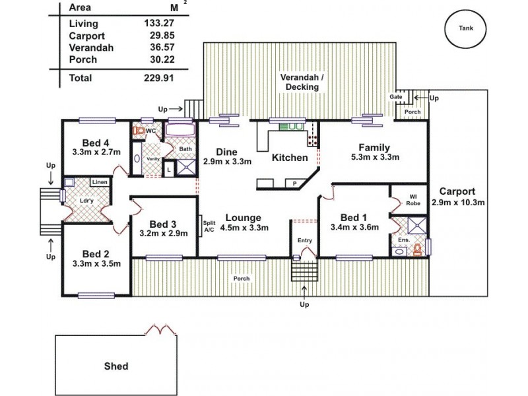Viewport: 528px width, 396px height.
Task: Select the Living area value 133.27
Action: click(x=158, y=24)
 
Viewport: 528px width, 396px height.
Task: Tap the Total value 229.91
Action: click(x=158, y=78)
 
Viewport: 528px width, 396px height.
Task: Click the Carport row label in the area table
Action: click(x=84, y=36)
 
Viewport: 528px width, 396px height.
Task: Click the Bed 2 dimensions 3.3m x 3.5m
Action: click(x=96, y=263)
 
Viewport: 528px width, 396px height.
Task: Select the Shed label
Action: click(x=116, y=366)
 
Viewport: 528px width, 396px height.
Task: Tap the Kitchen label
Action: click(x=290, y=158)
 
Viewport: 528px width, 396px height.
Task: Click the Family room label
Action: click(x=374, y=147)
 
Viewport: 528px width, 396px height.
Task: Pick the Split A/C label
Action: click(x=209, y=226)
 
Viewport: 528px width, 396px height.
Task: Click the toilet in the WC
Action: click(x=139, y=131)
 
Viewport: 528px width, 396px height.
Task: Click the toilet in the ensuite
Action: click(x=416, y=251)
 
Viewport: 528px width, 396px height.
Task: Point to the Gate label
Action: click(x=395, y=97)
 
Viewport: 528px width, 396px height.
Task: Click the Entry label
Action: click(x=304, y=240)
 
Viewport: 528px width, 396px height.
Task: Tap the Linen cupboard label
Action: click(x=100, y=181)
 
